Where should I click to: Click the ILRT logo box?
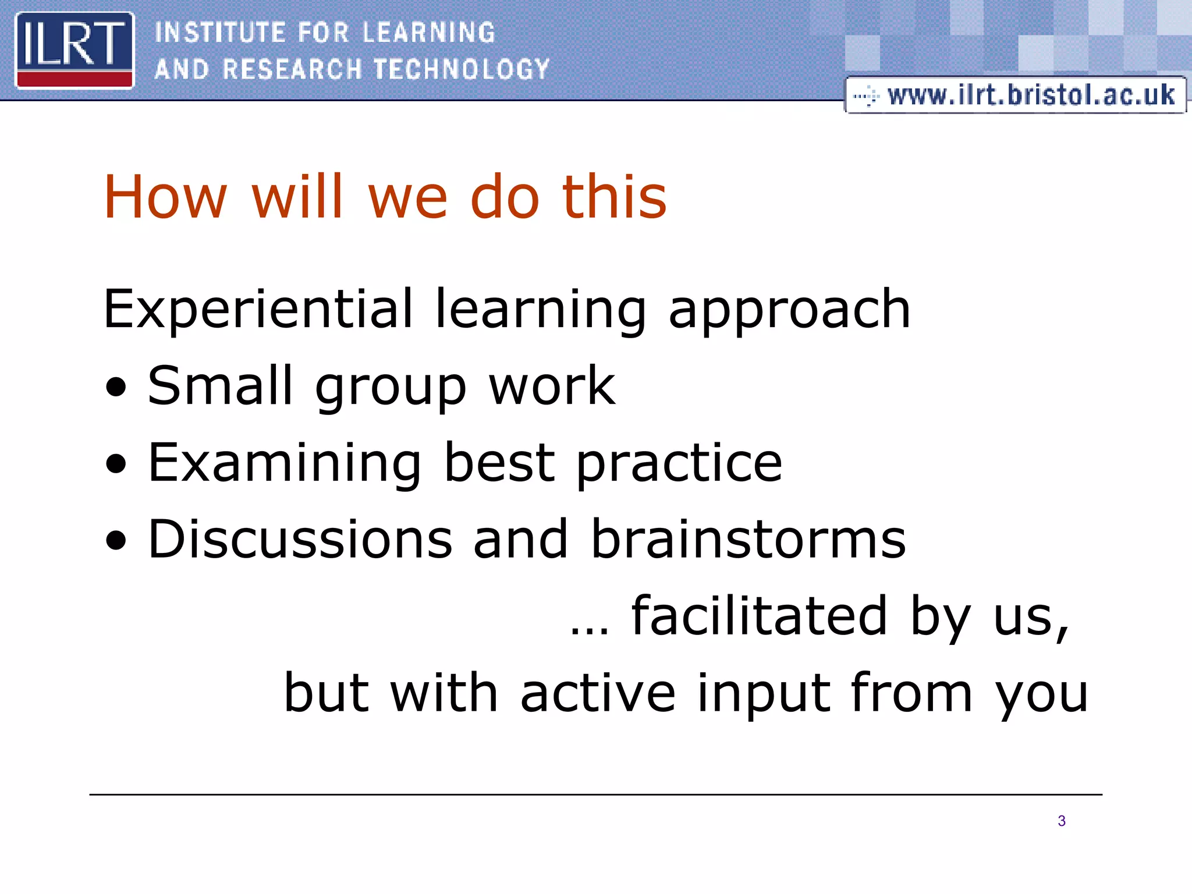(x=74, y=50)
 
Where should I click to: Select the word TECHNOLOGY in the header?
(x=462, y=69)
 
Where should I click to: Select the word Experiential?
(x=258, y=310)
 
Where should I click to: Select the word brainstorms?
(x=748, y=540)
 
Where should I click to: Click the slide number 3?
(x=1062, y=821)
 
